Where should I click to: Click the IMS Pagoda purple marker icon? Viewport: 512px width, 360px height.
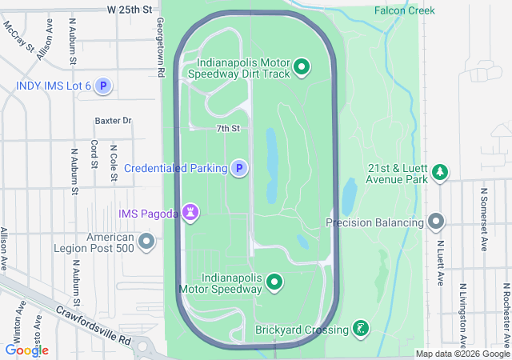pos(190,212)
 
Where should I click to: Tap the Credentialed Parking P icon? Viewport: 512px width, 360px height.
pos(238,168)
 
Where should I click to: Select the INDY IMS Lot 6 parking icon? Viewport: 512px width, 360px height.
pos(102,86)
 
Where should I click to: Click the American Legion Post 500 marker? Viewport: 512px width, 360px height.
pos(146,241)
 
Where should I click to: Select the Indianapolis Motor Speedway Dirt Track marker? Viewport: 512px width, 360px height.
pos(302,66)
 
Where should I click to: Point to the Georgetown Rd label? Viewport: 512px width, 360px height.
pos(161,48)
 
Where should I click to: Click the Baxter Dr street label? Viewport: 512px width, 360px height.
pos(113,121)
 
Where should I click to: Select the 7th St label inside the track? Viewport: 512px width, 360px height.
pos(228,128)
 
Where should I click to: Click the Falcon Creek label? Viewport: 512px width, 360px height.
pos(405,10)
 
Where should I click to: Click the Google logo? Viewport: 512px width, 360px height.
pos(27,350)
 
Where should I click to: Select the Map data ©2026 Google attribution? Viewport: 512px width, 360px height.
pos(462,354)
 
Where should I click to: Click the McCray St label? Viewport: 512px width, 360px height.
pos(20,37)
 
